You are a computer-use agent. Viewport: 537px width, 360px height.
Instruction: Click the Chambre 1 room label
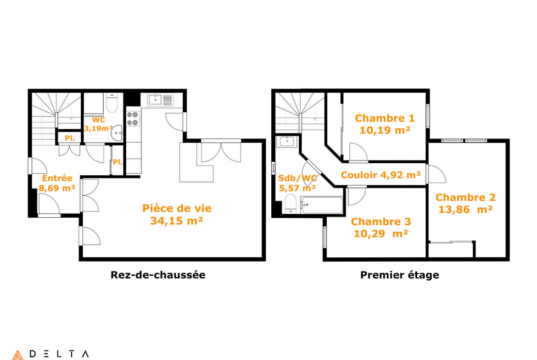(385, 118)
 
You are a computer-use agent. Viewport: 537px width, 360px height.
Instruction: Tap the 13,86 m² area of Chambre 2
(465, 210)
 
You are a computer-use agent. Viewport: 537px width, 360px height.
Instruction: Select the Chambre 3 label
(381, 222)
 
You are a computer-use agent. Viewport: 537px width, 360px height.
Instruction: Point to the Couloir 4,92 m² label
(381, 175)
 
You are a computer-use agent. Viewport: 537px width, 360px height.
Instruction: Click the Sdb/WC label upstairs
(297, 178)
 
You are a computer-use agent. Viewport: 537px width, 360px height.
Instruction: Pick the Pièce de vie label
(177, 208)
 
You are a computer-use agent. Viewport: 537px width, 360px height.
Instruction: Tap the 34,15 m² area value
(177, 221)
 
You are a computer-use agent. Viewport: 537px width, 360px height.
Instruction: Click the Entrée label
(57, 178)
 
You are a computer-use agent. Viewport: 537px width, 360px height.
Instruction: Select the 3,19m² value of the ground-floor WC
(99, 129)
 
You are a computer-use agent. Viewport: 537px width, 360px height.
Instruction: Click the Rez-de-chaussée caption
(158, 275)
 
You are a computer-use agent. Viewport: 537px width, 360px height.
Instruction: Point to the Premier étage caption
(400, 275)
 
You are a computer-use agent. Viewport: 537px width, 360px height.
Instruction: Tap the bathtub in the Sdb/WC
(322, 205)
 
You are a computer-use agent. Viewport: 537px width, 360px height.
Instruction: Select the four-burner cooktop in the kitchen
(133, 118)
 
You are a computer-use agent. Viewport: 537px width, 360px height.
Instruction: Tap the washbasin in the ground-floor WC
(117, 133)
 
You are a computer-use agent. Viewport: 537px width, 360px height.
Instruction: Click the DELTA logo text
(59, 354)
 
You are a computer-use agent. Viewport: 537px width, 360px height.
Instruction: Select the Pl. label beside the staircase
(70, 138)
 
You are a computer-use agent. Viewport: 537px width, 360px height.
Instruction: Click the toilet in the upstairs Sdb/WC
(291, 204)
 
